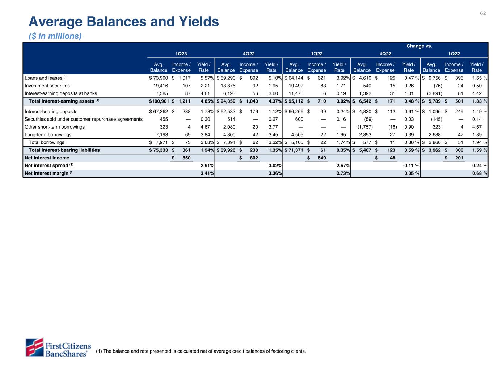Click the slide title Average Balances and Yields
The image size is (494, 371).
124,22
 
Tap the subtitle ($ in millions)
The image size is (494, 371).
55,36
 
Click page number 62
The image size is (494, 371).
483,13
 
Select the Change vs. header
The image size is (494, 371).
419,46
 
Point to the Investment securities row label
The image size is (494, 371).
47,86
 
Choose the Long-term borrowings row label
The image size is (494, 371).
48,135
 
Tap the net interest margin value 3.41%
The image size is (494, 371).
207,173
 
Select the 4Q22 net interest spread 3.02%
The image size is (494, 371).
275,166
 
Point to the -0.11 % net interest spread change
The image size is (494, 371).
412,166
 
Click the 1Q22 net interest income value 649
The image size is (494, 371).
321,158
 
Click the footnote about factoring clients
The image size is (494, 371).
201,351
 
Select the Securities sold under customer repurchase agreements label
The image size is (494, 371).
84,119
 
